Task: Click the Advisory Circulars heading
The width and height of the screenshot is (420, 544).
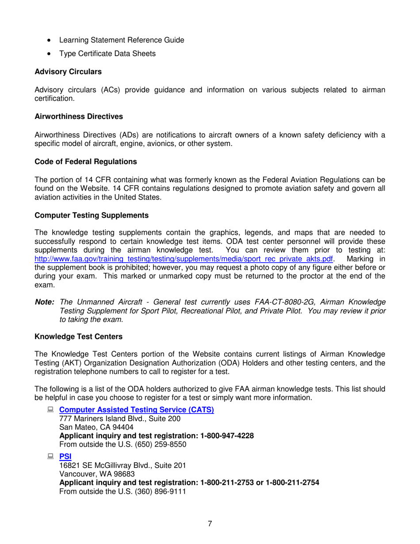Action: point(68,72)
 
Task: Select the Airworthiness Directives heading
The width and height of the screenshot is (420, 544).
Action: point(78,117)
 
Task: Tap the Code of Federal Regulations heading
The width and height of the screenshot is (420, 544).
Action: point(85,162)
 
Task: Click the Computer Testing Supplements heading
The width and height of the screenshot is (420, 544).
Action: point(91,215)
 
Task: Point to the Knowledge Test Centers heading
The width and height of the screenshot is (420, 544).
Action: point(78,337)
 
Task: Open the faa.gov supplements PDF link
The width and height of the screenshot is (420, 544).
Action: point(183,258)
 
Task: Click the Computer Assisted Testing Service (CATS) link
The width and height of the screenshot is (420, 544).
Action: point(137,410)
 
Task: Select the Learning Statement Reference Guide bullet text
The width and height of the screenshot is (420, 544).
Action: point(122,40)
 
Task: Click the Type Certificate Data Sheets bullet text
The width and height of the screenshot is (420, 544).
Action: point(107,54)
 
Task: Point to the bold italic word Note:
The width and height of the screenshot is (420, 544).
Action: point(44,302)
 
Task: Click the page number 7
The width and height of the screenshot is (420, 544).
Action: point(210,524)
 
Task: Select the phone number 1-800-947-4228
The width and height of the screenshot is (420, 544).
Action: point(227,436)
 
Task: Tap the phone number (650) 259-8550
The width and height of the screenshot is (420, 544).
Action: point(154,444)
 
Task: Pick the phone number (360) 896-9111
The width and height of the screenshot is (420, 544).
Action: point(154,491)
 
